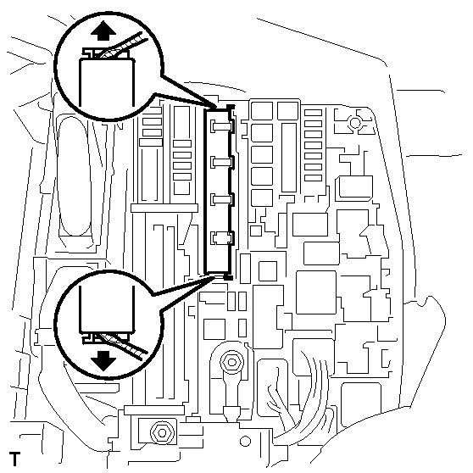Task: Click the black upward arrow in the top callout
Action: [x=103, y=31]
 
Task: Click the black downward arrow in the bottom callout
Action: [x=103, y=360]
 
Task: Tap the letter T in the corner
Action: [x=14, y=459]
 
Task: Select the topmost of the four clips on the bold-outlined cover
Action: [x=222, y=125]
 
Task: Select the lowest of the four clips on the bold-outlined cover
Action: [x=222, y=237]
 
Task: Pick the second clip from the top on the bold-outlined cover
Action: [x=222, y=162]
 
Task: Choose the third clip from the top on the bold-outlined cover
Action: [x=222, y=199]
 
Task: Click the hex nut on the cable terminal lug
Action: [x=231, y=362]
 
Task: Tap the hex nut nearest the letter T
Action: [x=162, y=433]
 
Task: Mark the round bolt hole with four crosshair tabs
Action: [x=355, y=123]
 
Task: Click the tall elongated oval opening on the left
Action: [x=75, y=175]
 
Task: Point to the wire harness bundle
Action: [x=302, y=398]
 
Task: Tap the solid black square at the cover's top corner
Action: [x=231, y=107]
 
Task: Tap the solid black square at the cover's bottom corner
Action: [x=228, y=277]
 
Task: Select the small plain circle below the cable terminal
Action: [x=245, y=442]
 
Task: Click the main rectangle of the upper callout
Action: [x=107, y=82]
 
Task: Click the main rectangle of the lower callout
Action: [x=107, y=309]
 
